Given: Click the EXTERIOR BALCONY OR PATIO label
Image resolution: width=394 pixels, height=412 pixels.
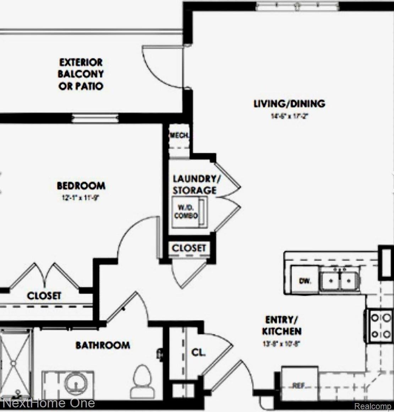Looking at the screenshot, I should (81, 74).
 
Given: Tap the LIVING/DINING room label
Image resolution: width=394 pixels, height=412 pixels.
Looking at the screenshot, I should (289, 104).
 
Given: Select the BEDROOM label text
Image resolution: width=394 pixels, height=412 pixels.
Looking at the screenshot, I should (81, 185).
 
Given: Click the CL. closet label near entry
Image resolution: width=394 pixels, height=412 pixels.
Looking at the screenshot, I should (198, 353).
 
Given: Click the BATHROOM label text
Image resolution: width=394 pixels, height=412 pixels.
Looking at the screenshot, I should (103, 345).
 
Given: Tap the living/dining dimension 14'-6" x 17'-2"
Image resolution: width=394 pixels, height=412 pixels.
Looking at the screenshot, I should (288, 116).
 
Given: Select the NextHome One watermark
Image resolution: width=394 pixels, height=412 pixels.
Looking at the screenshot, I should (48, 403).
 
